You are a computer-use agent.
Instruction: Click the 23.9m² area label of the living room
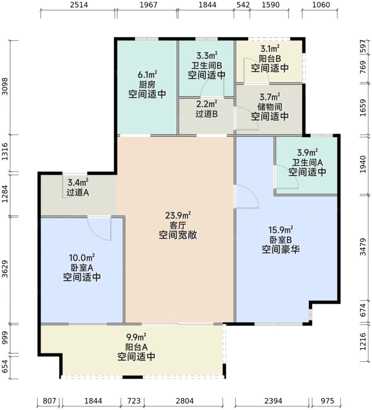tap(178, 215)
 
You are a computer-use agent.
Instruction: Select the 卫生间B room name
tap(207, 65)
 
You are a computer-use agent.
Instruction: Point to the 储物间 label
tap(269, 107)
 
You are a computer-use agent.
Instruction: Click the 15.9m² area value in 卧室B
tap(281, 229)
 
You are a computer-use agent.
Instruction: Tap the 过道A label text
tap(78, 192)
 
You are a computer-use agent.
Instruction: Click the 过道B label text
tap(207, 114)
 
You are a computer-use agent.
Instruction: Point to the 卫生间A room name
tap(307, 163)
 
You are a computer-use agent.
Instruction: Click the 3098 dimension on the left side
tap(5, 87)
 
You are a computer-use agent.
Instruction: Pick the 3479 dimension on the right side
tap(364, 247)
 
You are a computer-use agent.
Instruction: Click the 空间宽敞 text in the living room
tap(178, 235)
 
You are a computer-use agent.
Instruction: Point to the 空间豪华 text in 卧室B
tap(281, 249)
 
